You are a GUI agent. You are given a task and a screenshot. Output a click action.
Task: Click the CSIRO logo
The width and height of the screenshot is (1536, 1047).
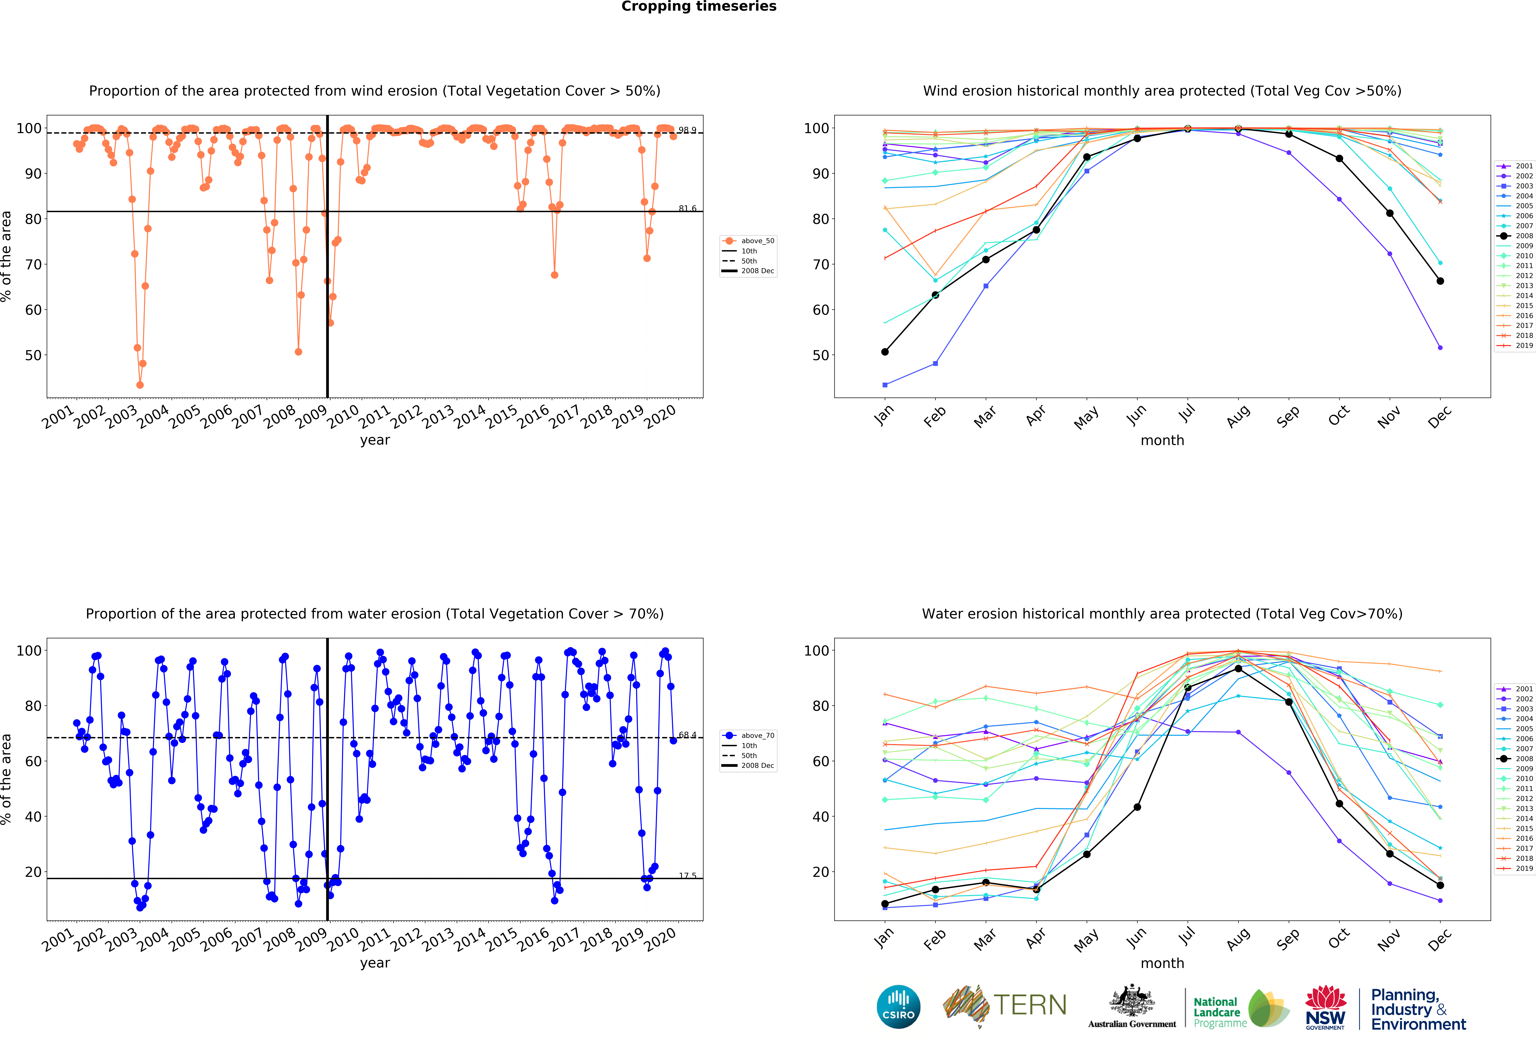point(898,1007)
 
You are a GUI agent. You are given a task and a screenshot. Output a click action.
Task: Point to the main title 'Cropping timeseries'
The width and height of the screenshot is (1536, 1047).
point(699,7)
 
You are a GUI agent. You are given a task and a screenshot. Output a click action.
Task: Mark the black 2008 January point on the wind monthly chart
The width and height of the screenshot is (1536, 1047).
point(885,352)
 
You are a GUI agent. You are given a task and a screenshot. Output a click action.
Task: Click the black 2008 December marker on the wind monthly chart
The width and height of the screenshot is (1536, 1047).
point(1440,281)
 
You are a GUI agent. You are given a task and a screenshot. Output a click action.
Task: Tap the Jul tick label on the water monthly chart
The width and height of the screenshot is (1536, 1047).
point(1188,935)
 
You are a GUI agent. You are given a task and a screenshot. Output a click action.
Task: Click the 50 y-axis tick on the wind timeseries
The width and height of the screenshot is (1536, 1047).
point(33,355)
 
